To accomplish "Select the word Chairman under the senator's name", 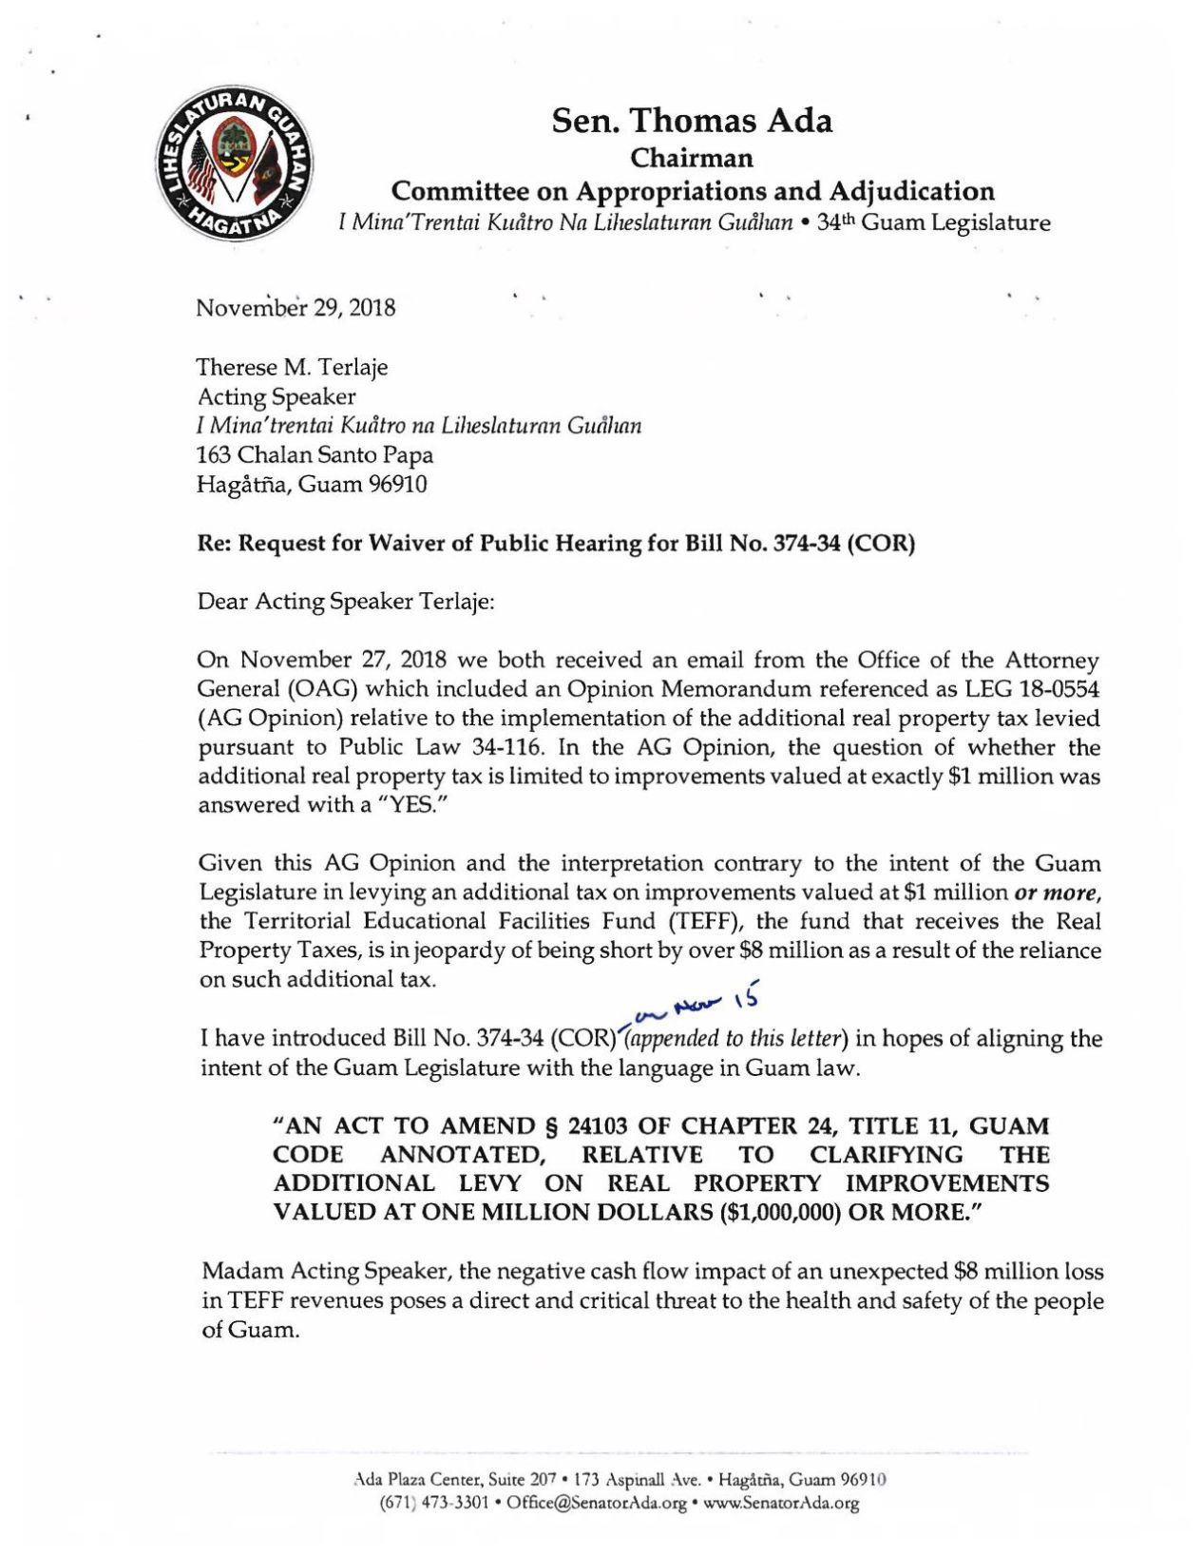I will tap(692, 157).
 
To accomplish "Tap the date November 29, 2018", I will tap(296, 308).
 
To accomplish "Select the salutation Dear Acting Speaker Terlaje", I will tap(346, 602).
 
